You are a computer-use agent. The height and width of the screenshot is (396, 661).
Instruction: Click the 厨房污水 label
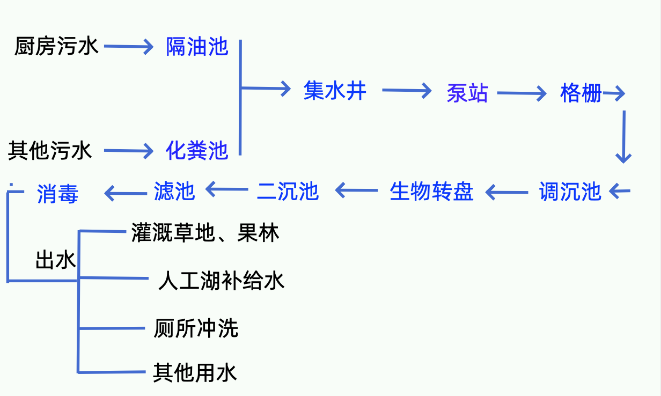[x=56, y=47]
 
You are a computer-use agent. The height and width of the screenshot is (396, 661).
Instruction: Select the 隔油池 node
[x=197, y=47]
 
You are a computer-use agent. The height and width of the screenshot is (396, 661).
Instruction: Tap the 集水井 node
[x=335, y=90]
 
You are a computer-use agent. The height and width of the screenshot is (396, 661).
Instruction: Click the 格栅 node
[x=581, y=93]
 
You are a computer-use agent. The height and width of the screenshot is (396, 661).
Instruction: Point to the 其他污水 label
[x=50, y=151]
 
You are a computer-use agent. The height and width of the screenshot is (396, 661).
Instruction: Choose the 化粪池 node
[x=197, y=151]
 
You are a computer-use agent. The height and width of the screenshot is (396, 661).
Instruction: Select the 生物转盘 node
[x=431, y=191]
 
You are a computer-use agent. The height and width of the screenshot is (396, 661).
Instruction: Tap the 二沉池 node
[x=288, y=191]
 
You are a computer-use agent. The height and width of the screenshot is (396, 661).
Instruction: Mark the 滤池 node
[x=174, y=190]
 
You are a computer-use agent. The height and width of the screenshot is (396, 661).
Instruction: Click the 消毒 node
[x=58, y=194]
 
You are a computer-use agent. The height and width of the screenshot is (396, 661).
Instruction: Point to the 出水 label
[x=55, y=261]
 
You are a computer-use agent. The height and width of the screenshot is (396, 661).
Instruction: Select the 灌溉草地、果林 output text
[x=205, y=233]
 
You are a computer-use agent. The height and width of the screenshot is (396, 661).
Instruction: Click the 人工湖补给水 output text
[x=221, y=281]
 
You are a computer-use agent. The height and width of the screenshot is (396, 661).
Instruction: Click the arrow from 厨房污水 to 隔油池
[x=129, y=47]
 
